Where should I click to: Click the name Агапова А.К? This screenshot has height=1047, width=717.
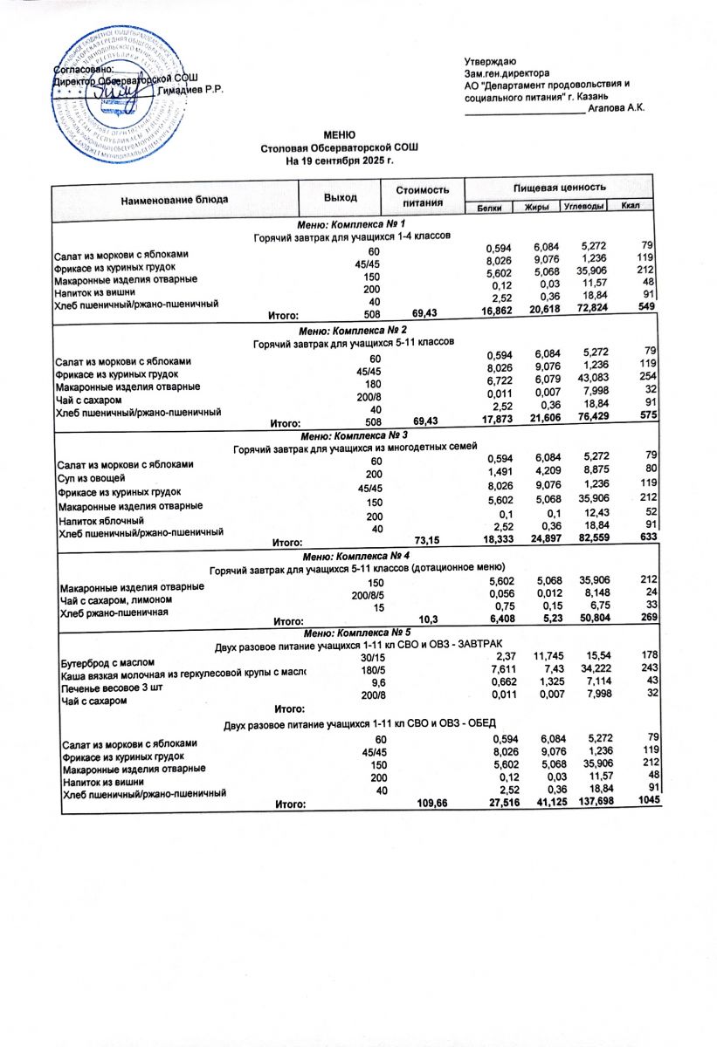[x=617, y=107]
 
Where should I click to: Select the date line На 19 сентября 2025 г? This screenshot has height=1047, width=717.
[x=340, y=161]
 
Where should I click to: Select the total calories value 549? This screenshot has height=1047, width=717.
[x=646, y=307]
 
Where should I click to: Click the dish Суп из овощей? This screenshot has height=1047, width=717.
[x=93, y=478]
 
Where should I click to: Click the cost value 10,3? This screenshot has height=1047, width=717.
[x=428, y=620]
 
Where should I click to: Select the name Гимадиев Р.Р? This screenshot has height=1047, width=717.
[x=194, y=92]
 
